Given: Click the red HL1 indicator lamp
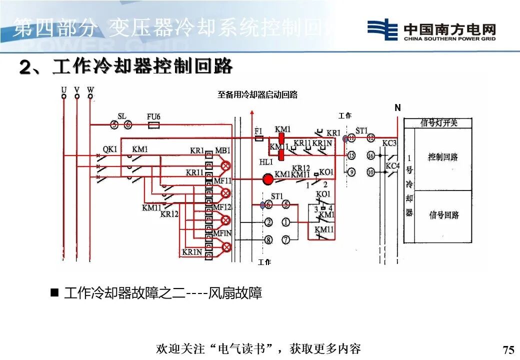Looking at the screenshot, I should tap(268, 179).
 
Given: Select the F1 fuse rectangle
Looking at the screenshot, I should tap(258, 139).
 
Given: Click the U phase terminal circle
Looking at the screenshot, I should tap(63, 96).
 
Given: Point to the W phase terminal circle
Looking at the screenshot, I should tap(90, 96).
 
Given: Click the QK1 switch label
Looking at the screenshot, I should tap(110, 149).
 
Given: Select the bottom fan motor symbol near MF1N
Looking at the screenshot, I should tap(226, 246).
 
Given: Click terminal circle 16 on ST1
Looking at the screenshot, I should tap(370, 155).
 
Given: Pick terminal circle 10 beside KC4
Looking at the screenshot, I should tap(370, 172).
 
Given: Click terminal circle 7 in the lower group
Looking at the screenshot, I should tap(285, 240).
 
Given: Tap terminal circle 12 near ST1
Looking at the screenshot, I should tap(370, 137).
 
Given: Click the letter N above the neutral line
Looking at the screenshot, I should tap(397, 108).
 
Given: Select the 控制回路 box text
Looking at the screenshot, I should tap(442, 157).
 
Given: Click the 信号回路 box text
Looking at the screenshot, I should tap(443, 215).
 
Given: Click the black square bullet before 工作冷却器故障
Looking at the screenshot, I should tap(55, 292).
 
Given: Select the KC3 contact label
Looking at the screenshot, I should tap(390, 143).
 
